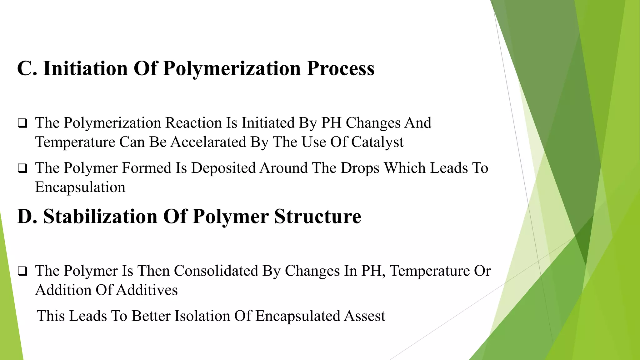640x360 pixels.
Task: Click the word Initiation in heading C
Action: pos(85,68)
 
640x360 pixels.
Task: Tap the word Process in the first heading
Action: pos(340,68)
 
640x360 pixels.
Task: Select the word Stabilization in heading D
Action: pos(100,216)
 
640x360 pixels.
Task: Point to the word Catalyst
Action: pos(377,142)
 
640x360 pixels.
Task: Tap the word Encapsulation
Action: pos(80,187)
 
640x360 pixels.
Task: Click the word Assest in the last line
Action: pos(365,316)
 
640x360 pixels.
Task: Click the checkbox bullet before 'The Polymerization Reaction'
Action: pos(22,123)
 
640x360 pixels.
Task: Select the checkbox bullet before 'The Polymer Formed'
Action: pos(22,168)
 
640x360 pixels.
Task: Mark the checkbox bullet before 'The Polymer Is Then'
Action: pos(22,271)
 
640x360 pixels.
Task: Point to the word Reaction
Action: pos(193,123)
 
